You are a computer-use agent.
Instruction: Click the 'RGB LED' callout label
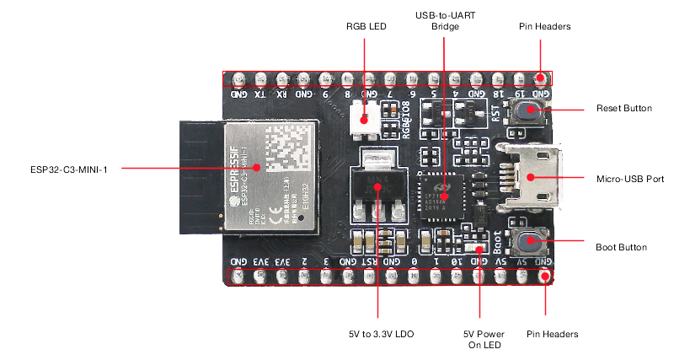pos(366,27)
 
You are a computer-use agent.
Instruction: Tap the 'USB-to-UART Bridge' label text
pos(445,21)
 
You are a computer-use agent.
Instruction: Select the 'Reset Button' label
pos(623,109)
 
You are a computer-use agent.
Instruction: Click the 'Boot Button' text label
pos(621,247)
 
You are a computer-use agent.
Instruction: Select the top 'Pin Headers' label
pos(545,27)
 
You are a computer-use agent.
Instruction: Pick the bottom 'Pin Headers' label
pos(553,334)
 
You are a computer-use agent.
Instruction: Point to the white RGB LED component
pos(365,117)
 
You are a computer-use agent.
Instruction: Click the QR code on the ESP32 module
pos(289,149)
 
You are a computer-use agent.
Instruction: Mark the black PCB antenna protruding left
pos(200,176)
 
